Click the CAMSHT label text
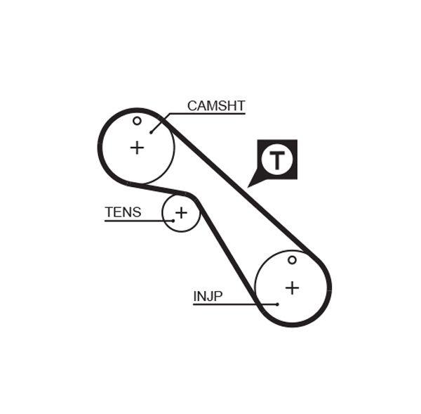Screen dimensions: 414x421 pos(215,106)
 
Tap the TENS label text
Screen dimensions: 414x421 pos(123,212)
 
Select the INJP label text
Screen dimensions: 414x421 pos(208,296)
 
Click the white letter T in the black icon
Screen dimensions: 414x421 pos(278,160)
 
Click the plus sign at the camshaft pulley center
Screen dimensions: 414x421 pos(137,148)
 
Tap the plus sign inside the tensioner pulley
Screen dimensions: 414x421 pos(181,212)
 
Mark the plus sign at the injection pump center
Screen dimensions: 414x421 pos(292,287)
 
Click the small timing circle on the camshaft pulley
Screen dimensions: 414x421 pos(137,121)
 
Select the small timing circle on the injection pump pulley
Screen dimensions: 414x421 pos(292,260)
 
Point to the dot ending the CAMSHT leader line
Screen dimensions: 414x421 pos(151,131)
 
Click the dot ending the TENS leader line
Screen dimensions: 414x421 pos(173,221)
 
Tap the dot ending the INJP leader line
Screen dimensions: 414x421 pos(277,304)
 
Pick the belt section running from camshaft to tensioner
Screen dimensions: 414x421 pos(158,188)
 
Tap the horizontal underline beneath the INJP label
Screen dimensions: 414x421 pos(225,304)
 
